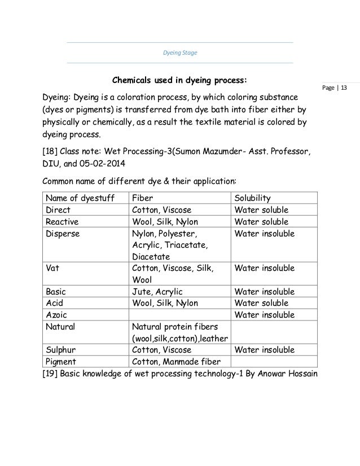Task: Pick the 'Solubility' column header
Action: point(252,198)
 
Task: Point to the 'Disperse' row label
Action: point(63,233)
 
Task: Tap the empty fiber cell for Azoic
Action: point(178,314)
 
